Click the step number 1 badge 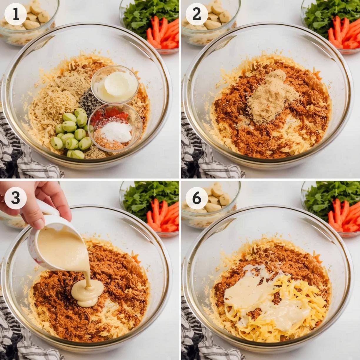click(16, 15)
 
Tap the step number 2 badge click(197, 15)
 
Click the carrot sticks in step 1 click(163, 34)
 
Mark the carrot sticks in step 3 click(163, 215)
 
